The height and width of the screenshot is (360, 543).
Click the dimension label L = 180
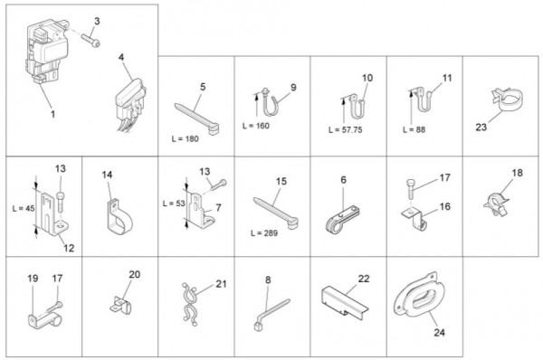tap(186, 138)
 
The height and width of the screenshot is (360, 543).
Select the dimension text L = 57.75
tap(346, 130)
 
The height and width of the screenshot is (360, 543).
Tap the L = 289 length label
tap(264, 233)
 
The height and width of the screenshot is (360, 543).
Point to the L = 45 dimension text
tap(24, 208)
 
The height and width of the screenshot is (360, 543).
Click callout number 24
tap(439, 332)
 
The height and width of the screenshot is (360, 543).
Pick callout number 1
tap(53, 114)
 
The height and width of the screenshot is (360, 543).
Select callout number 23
tap(481, 127)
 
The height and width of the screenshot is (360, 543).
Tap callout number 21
tap(221, 284)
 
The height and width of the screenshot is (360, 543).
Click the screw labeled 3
tap(90, 40)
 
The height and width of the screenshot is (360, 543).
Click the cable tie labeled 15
tap(276, 213)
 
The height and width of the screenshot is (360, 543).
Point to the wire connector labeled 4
tap(129, 104)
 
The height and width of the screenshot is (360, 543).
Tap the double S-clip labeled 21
tap(189, 304)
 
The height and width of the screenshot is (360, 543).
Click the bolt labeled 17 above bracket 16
tap(410, 189)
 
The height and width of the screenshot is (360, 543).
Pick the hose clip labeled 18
tap(496, 204)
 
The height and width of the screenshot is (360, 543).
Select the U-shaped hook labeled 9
tap(270, 102)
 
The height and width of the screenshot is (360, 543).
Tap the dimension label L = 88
tap(414, 130)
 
